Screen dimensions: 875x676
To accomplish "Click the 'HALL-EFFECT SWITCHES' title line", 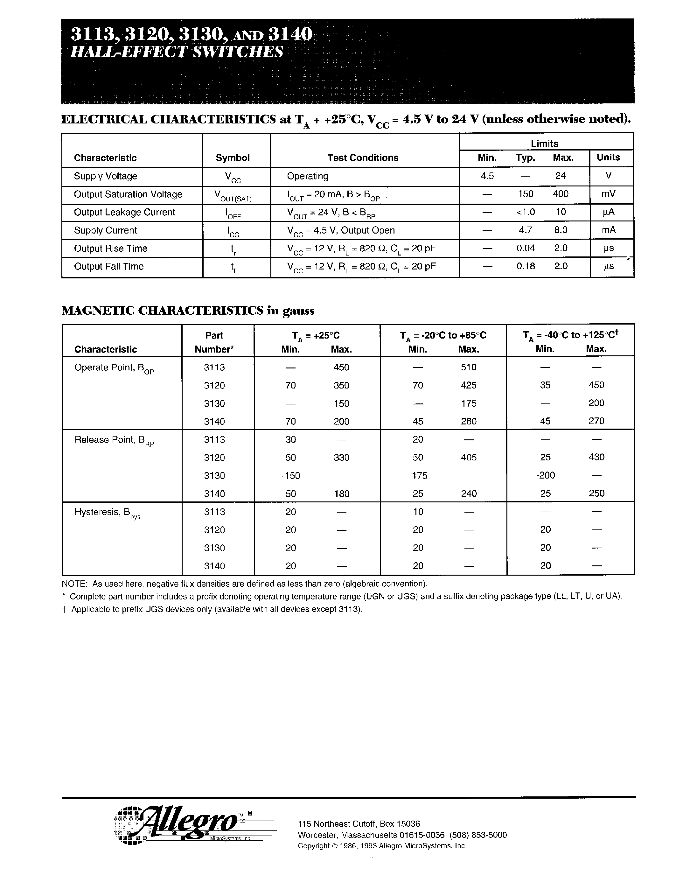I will (177, 52).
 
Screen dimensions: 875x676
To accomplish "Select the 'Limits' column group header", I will (544, 143).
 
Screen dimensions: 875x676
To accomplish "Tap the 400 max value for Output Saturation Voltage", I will (560, 194).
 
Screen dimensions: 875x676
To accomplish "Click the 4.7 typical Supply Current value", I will (526, 230).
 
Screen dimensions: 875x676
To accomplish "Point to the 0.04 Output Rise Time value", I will (526, 248).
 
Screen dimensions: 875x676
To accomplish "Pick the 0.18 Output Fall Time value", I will (526, 266).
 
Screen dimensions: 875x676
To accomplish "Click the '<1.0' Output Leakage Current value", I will (526, 212).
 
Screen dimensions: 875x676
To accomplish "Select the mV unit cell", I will (608, 194).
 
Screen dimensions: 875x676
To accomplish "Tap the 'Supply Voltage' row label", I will (106, 176).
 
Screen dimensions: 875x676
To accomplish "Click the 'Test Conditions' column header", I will (363, 158).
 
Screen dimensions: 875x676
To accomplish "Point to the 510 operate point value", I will (469, 367).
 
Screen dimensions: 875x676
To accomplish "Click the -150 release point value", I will (290, 476).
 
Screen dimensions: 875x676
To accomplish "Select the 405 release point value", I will (469, 457).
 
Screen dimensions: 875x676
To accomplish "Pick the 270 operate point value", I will (596, 421).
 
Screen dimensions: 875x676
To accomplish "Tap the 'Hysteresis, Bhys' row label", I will (107, 513).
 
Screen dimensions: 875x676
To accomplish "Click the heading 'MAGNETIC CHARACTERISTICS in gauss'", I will (188, 311).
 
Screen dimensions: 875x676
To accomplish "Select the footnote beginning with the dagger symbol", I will (212, 609).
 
